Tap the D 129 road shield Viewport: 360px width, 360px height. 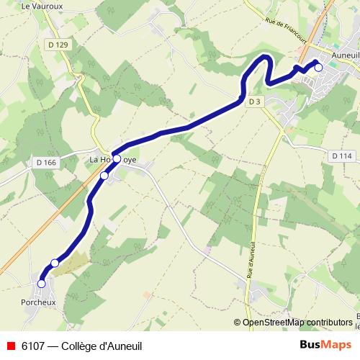63,45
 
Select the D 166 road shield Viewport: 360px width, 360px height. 45,164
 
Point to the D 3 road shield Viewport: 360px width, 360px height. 253,102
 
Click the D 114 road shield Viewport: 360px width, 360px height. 342,156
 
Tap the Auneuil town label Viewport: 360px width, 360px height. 339,54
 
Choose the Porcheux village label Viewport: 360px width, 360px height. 38,302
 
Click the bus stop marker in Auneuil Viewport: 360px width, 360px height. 318,67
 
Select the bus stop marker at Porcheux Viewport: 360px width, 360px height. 41,284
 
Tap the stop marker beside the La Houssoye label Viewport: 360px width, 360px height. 117,159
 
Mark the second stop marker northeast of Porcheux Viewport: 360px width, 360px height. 55,263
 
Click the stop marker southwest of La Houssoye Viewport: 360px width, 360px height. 104,176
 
